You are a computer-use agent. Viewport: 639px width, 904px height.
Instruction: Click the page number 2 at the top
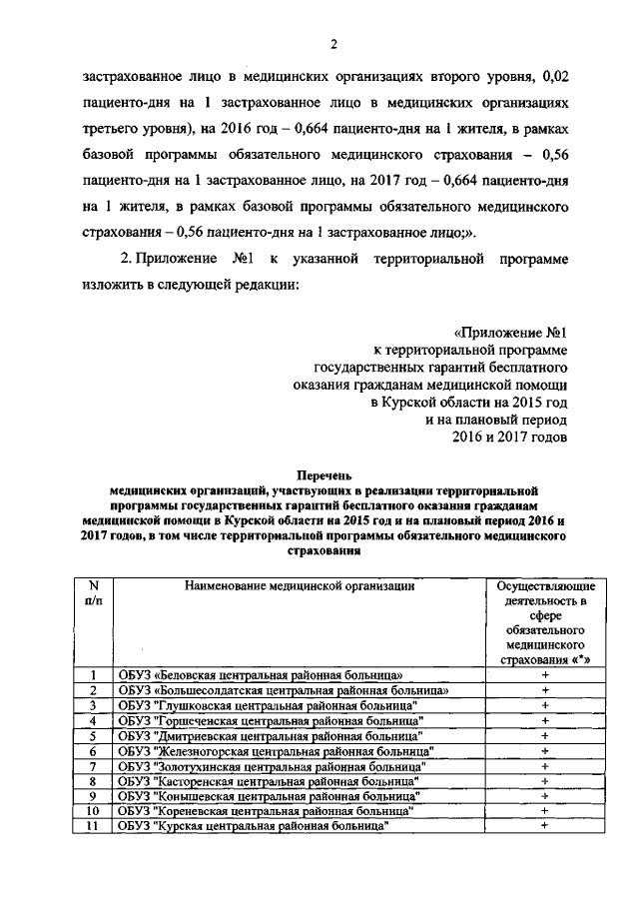click(335, 42)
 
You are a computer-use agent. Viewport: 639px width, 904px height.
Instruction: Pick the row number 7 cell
click(93, 765)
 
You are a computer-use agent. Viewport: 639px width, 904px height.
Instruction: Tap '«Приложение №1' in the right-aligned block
click(510, 331)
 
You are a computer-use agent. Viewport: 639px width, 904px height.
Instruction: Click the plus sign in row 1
click(545, 675)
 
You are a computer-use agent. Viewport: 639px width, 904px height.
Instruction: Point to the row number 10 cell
click(93, 810)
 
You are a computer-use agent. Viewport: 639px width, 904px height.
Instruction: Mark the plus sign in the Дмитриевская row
click(545, 735)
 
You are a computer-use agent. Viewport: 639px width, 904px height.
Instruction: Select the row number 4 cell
click(93, 720)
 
